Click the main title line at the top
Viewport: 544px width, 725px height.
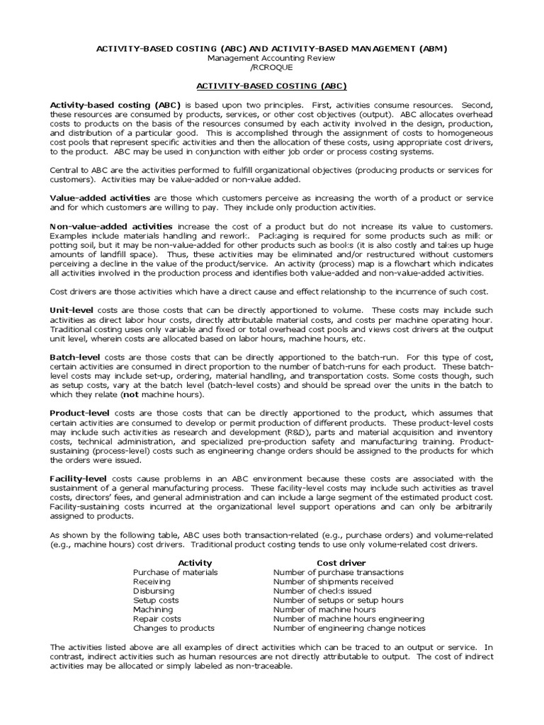(x=271, y=48)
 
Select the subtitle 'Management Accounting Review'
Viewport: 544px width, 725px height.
(x=271, y=57)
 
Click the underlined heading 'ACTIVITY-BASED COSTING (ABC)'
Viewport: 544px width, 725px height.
(x=271, y=86)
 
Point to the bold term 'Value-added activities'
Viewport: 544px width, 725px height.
(x=99, y=198)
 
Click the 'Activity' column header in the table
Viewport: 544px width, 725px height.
(x=194, y=562)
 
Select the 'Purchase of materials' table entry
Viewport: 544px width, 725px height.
(x=175, y=572)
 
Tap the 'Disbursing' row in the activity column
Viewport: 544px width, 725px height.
(x=154, y=590)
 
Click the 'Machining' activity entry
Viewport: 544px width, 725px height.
(x=152, y=609)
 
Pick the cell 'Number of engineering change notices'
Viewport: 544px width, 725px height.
(x=349, y=628)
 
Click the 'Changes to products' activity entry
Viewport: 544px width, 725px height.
(x=174, y=628)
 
